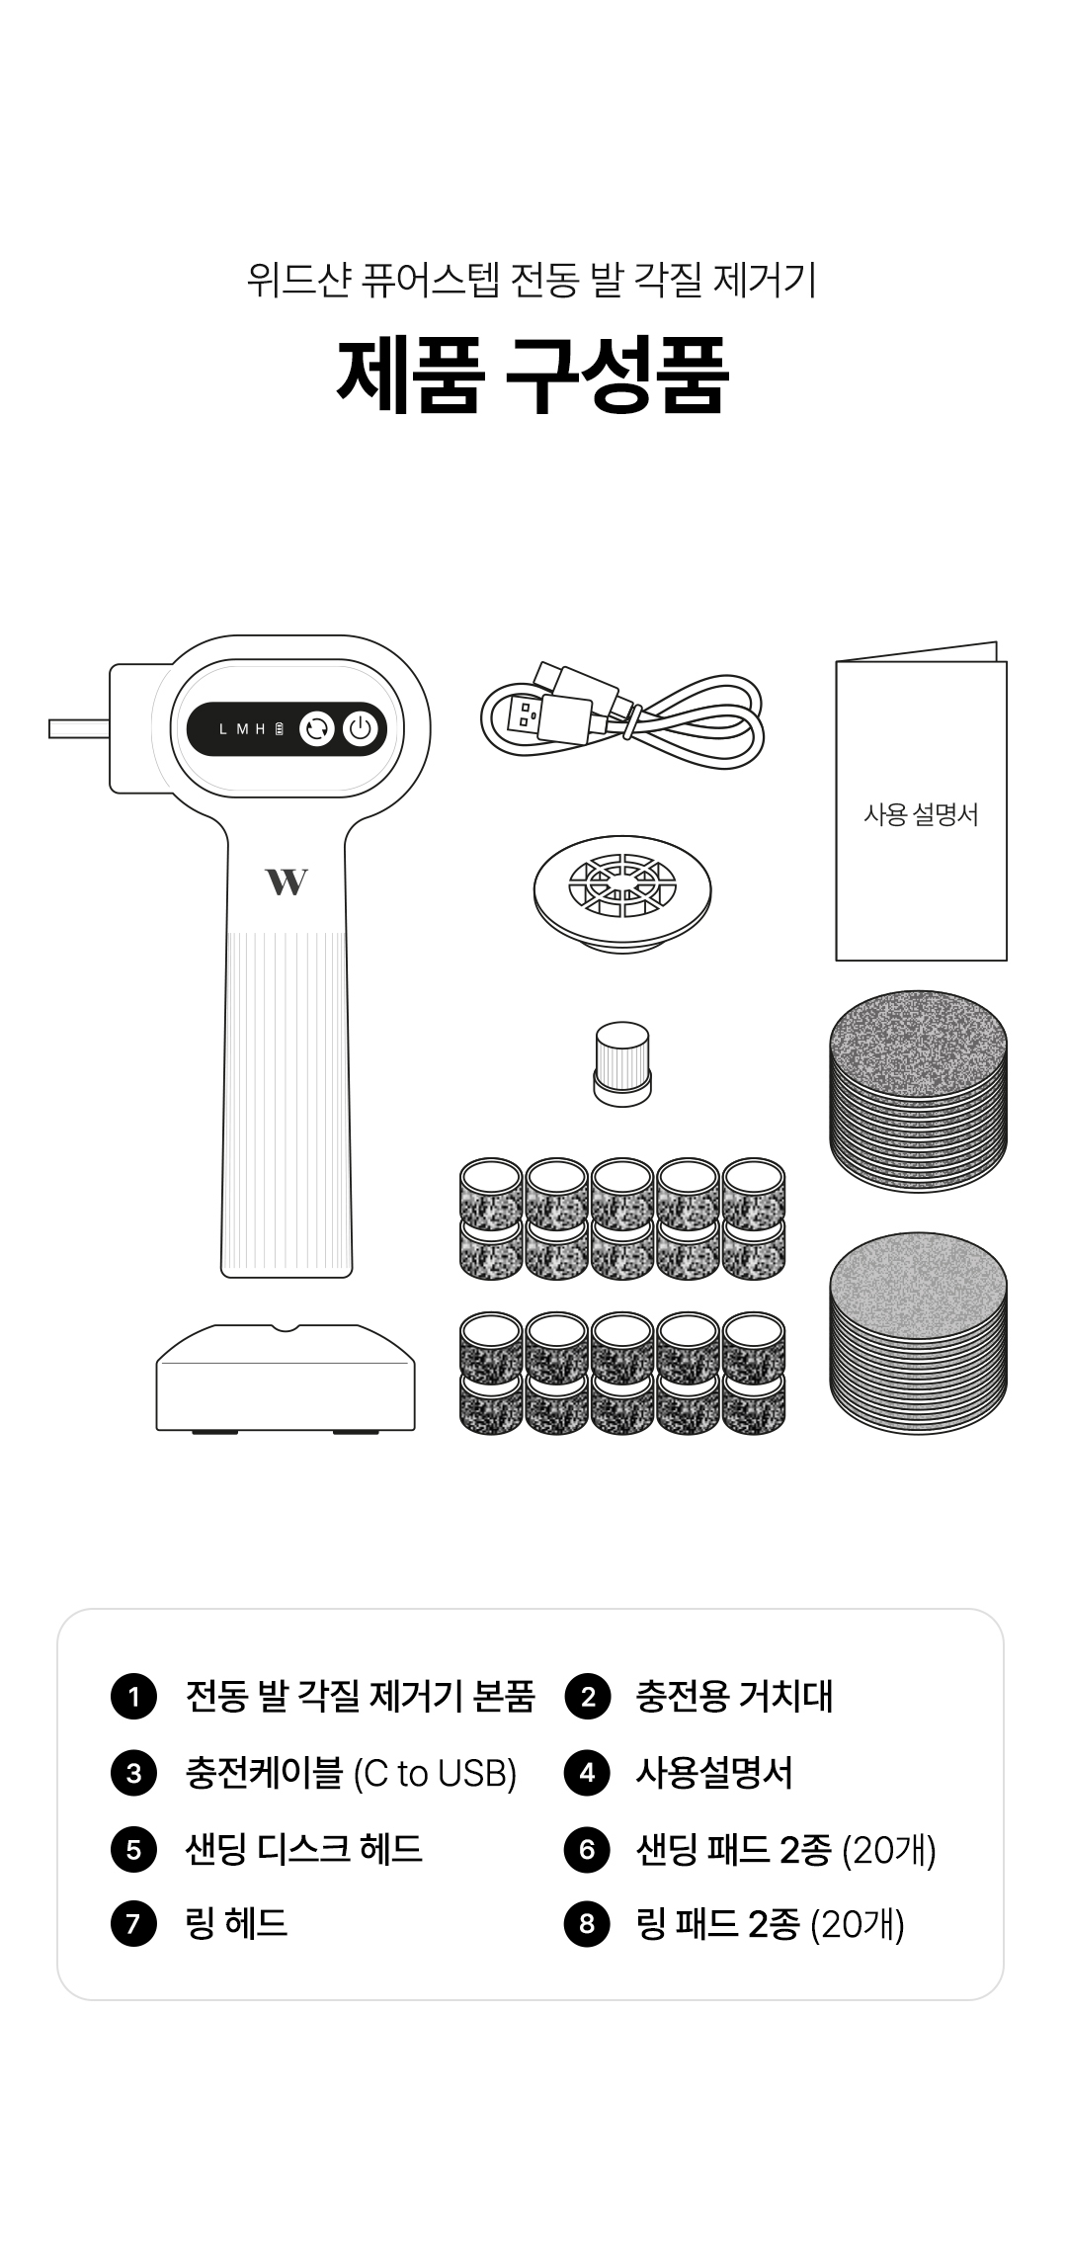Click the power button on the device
coord(361,729)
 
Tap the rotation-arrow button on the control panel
coord(317,729)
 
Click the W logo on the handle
coord(287,881)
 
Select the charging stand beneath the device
coord(286,1378)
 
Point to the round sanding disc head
coord(621,889)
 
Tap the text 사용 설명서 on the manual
coord(921,814)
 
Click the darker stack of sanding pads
coord(919,1091)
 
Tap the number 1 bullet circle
coord(134,1697)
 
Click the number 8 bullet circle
coord(587,1924)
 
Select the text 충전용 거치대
coord(734,1697)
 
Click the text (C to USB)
coord(435,1774)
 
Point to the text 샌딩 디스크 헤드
coord(304,1848)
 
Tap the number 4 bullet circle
coord(587,1773)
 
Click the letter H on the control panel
coord(261,729)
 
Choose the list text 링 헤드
coord(236,1924)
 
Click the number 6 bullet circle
coord(587,1849)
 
